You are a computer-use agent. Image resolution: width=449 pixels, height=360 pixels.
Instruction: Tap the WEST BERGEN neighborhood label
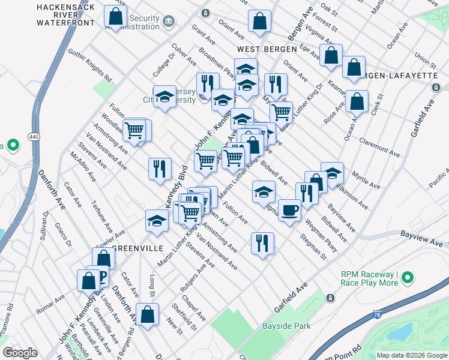pyautogui.click(x=267, y=49)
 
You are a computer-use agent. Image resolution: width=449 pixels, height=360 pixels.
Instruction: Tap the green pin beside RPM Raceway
pyautogui.click(x=408, y=278)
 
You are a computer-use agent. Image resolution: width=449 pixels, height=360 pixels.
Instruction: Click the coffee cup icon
pyautogui.click(x=289, y=211)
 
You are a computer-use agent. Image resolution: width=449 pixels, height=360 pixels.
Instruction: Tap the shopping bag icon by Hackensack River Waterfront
pyautogui.click(x=115, y=17)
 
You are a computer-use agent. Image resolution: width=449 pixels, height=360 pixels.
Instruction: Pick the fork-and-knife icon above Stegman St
pyautogui.click(x=262, y=243)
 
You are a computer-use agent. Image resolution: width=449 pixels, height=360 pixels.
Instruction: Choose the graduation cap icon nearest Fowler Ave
pyautogui.click(x=157, y=220)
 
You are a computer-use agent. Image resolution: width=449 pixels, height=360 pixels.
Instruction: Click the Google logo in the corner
pyautogui.click(x=20, y=353)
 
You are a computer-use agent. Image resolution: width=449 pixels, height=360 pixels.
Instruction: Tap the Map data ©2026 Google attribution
pyautogui.click(x=411, y=355)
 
